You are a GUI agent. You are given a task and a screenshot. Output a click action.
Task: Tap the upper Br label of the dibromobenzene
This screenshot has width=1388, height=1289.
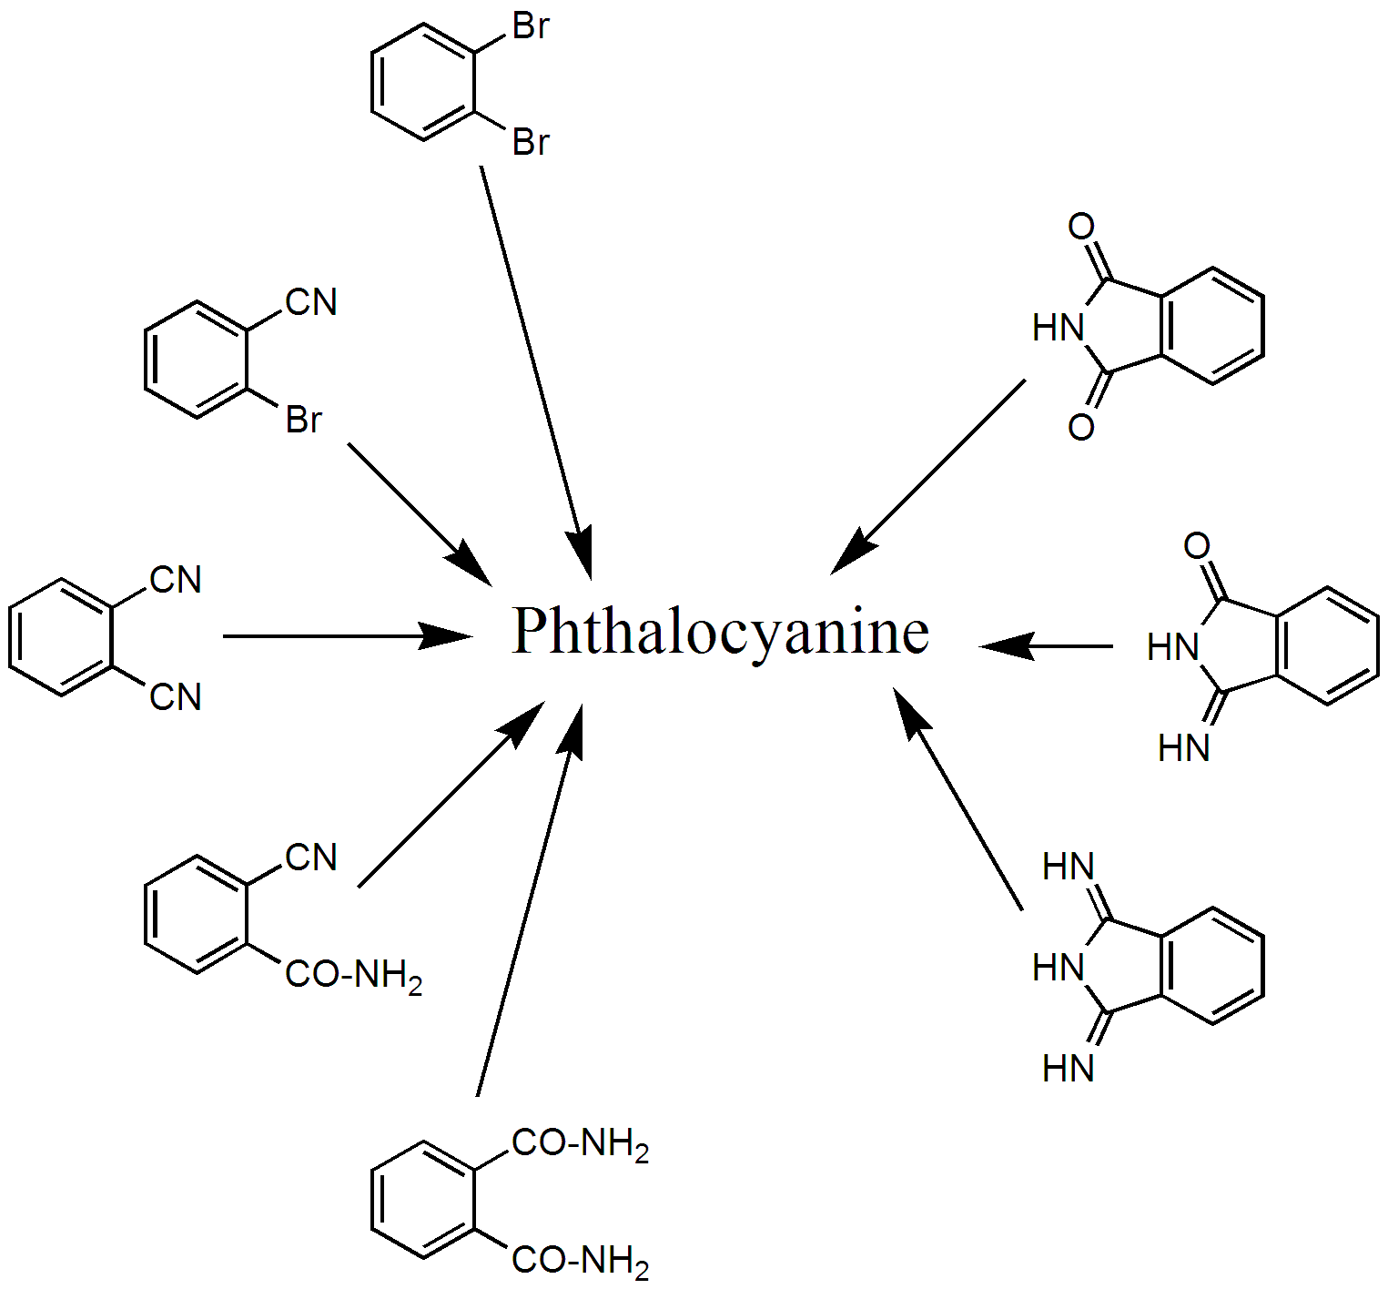point(532,26)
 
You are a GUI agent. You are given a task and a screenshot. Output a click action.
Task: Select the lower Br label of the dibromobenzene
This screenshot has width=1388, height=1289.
point(532,143)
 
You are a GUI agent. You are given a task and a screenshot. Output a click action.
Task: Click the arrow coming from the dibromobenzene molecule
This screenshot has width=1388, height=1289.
point(536,372)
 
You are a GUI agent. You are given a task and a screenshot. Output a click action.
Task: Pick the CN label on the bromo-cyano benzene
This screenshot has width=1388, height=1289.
point(311,302)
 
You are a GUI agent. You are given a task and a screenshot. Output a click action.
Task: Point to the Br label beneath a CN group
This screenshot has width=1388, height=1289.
point(304,420)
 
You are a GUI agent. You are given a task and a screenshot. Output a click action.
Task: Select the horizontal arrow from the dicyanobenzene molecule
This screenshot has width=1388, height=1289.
point(348,635)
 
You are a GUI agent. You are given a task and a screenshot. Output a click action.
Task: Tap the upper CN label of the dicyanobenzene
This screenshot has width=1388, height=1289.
point(176,580)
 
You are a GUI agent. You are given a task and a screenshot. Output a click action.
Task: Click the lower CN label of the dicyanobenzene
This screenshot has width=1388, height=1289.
point(176,697)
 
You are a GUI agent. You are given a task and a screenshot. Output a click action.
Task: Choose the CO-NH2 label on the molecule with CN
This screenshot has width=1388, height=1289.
point(354,976)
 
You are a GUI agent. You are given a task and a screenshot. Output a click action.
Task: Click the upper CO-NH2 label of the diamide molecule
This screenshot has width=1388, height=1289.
point(581,1144)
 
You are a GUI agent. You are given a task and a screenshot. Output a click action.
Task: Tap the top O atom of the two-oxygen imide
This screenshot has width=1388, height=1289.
point(1081,227)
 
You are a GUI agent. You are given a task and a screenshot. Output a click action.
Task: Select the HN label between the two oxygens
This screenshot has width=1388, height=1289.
point(1059,328)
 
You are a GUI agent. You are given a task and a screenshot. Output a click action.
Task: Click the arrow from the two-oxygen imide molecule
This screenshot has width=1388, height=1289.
point(927,477)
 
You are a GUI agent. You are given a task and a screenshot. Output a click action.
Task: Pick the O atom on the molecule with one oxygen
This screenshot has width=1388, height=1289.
point(1197,546)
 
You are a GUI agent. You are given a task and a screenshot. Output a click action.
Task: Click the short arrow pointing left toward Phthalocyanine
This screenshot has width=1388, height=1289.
point(1046,646)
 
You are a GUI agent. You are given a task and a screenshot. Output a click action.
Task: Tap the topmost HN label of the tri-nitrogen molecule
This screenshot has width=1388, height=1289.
point(1069,867)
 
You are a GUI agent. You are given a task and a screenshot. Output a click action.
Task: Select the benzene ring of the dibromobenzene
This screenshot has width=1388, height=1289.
point(423,82)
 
